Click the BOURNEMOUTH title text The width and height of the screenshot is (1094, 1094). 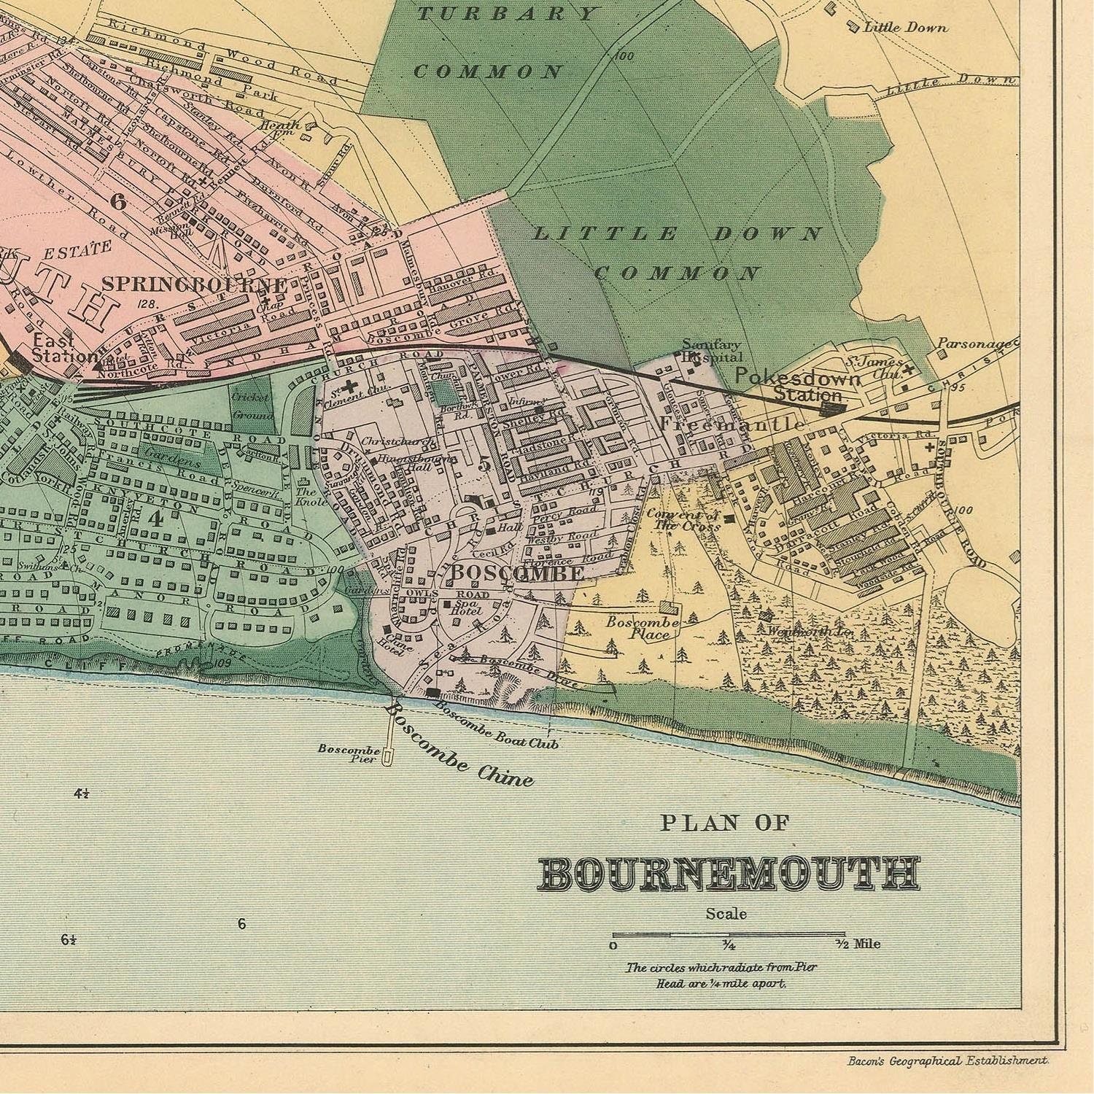point(729,874)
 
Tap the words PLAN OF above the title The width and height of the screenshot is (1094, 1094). point(725,823)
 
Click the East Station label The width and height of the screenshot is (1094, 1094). point(63,348)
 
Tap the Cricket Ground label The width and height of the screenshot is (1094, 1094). point(252,406)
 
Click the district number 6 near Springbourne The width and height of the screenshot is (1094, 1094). point(119,201)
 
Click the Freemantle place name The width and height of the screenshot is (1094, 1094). point(732,423)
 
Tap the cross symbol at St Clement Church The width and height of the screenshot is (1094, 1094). point(352,387)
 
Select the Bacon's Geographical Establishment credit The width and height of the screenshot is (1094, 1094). point(947,1062)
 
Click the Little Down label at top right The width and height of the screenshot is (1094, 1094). point(905,28)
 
